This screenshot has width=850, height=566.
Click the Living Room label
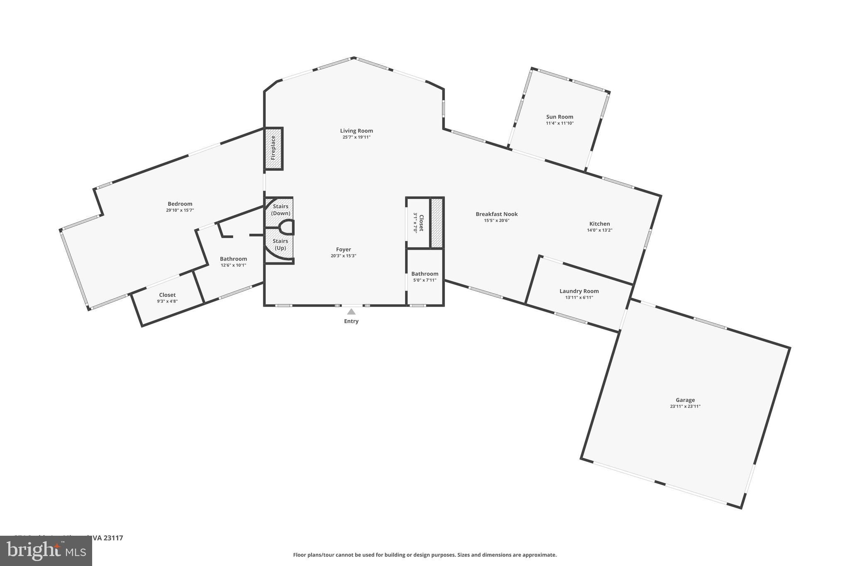(356, 131)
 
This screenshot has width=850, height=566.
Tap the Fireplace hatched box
(274, 148)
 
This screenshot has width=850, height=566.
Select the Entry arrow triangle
(351, 312)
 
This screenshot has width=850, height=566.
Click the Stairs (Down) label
(281, 210)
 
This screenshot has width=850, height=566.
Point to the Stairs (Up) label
(280, 245)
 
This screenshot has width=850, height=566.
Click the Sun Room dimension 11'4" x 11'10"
(559, 123)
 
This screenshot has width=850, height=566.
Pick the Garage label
(685, 400)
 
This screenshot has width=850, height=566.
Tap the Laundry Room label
(579, 291)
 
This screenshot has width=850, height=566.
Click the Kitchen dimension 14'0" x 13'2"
(599, 230)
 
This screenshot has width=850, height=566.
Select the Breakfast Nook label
(496, 214)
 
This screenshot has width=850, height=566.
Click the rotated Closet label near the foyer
(421, 223)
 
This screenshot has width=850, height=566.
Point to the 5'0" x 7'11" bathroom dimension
(425, 280)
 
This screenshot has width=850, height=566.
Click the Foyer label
(343, 249)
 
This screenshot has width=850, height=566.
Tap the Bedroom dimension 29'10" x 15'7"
(180, 210)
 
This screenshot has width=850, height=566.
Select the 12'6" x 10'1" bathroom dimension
(233, 265)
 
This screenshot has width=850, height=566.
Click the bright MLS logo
(46, 551)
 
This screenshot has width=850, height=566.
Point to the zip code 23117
(113, 538)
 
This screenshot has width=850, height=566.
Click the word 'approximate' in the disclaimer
(539, 555)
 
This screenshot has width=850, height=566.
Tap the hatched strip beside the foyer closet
(437, 223)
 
